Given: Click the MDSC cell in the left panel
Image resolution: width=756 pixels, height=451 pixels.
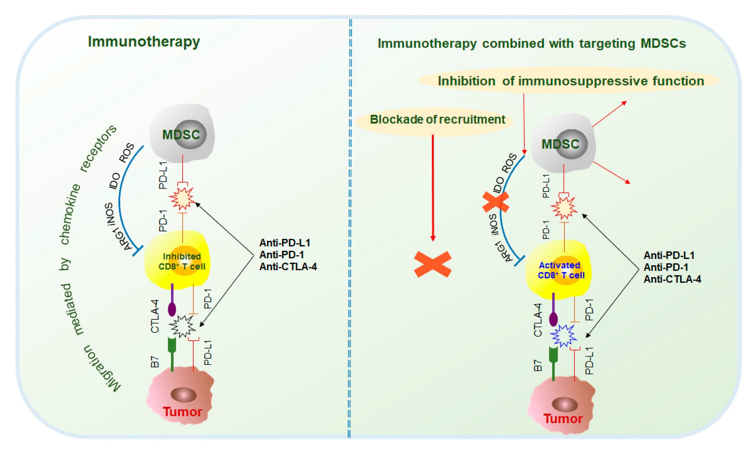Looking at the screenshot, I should (182, 134).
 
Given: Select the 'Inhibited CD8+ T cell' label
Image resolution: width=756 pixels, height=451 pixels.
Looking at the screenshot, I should (182, 261).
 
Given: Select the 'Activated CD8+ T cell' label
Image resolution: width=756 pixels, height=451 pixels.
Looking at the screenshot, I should (561, 270).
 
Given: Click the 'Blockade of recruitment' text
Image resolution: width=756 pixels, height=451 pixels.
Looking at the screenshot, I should (437, 120).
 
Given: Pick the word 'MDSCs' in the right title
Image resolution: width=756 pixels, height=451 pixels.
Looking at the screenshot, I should (663, 44).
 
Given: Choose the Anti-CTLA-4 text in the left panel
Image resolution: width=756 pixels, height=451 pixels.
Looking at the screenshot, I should (288, 267).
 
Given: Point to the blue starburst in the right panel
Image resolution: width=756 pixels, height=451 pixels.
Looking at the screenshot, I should (563, 335).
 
